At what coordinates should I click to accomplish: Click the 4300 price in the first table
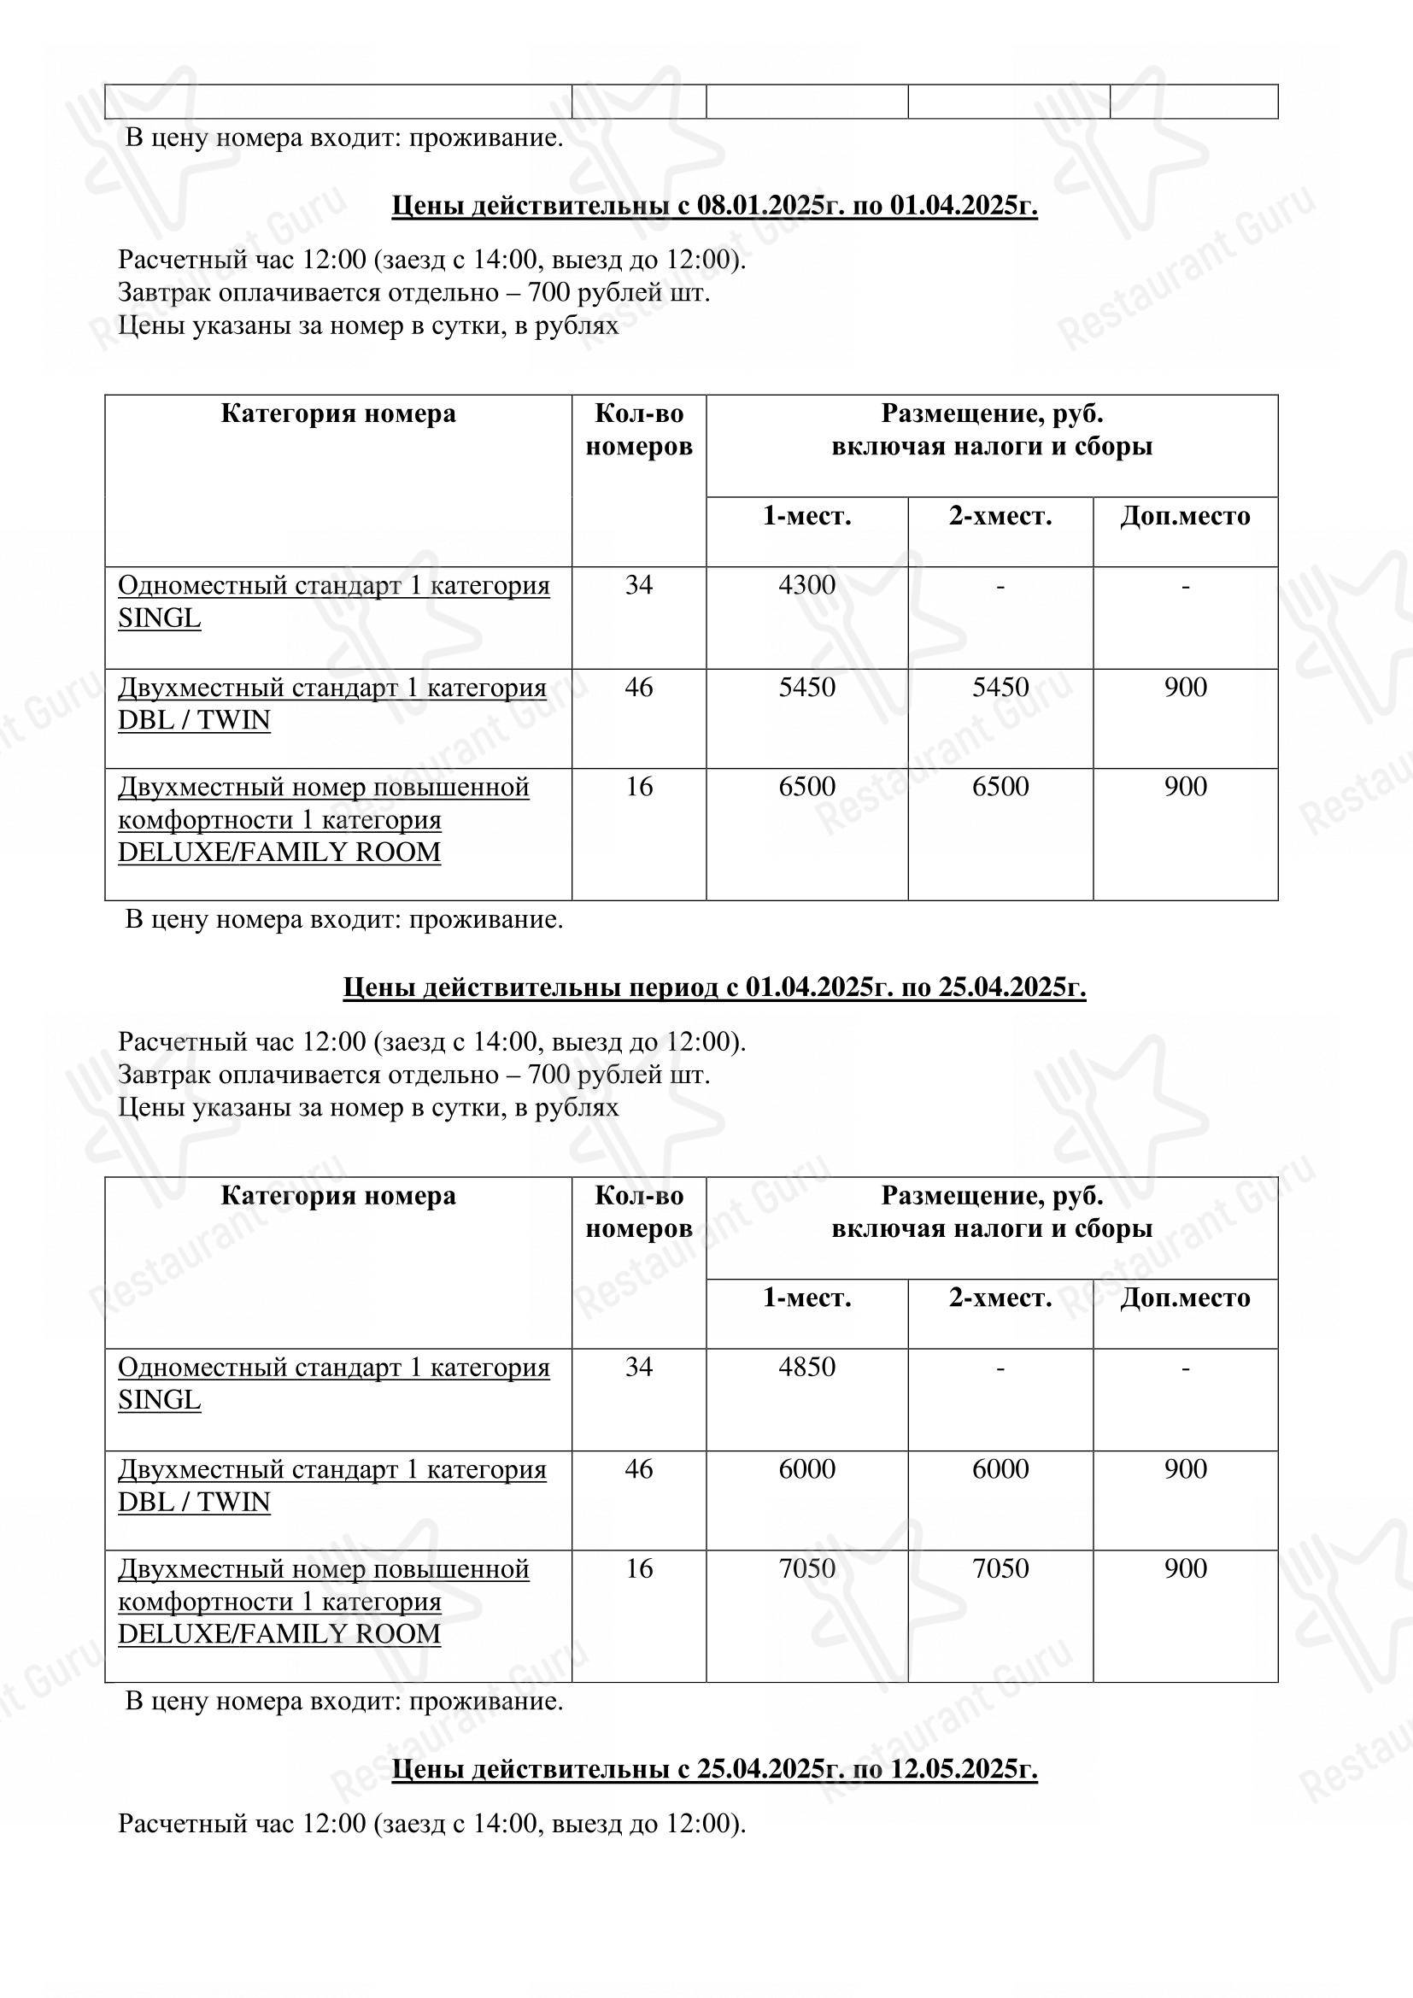pos(806,585)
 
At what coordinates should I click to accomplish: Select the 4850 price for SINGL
pos(806,1367)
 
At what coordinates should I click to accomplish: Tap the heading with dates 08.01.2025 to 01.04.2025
pos(714,205)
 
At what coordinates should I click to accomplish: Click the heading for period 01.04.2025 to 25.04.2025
pos(714,987)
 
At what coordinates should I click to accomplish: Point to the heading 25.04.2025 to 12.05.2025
pos(714,1769)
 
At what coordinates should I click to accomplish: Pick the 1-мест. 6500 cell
pos(806,787)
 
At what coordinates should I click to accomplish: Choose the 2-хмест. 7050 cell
pos(1000,1569)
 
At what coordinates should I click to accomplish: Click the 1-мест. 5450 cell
pos(806,688)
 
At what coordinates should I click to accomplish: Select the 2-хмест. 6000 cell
pos(1000,1469)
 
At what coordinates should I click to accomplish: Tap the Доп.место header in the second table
pos(1184,1298)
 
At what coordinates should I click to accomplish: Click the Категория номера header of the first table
pos(337,413)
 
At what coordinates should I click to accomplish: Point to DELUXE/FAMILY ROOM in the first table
pos(279,852)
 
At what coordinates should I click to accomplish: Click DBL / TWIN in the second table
pos(194,1502)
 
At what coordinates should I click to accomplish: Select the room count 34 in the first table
pos(639,585)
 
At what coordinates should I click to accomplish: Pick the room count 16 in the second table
pos(639,1569)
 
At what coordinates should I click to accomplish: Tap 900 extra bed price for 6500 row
pos(1185,787)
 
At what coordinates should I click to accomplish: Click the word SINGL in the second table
pos(159,1400)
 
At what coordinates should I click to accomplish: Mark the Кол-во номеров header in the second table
pos(639,1212)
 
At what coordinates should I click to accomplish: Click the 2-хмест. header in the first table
pos(1000,516)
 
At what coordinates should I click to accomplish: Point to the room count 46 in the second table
pos(639,1469)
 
